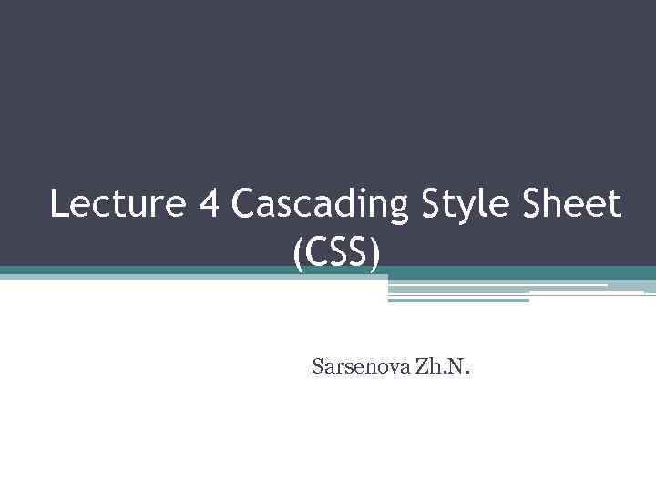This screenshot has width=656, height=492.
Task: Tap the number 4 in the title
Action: tap(208, 205)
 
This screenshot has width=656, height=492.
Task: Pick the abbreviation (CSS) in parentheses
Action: tap(334, 247)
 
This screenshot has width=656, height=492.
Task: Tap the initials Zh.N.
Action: tap(446, 368)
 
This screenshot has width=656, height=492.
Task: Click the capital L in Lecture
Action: tap(59, 205)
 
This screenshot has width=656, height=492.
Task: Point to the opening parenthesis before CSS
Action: tap(299, 248)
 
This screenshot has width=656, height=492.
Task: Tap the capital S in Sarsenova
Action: tap(317, 368)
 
